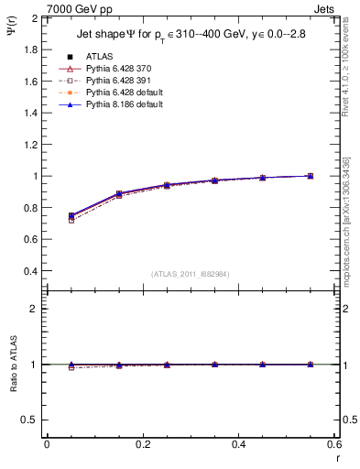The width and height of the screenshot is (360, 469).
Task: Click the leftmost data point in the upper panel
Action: coord(71,216)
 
